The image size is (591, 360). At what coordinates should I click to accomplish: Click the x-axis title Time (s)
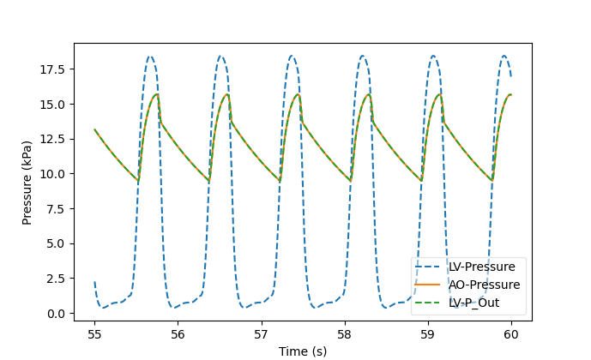(303, 350)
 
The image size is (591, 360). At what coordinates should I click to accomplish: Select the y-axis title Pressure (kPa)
(27, 181)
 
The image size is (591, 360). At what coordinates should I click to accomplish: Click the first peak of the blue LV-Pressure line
(150, 57)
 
